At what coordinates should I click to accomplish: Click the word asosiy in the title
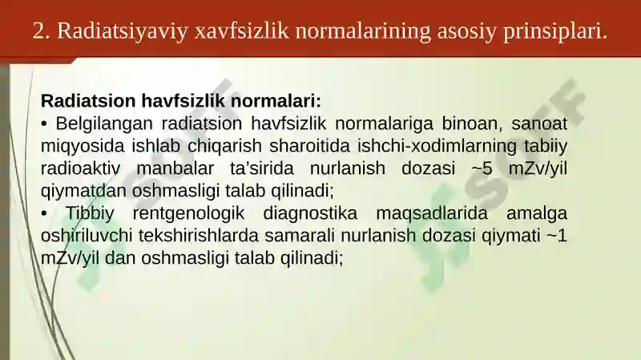click(x=457, y=31)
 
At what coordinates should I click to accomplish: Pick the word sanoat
click(x=541, y=124)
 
